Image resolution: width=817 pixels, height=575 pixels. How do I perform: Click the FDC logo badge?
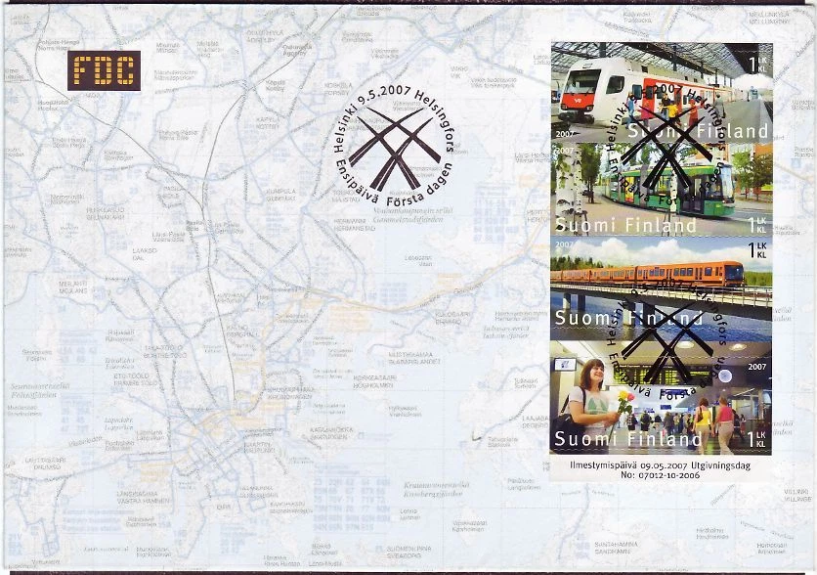coord(106,69)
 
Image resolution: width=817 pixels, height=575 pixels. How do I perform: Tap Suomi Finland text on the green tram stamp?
coord(626,226)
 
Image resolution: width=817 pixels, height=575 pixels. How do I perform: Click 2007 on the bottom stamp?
coord(756,367)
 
